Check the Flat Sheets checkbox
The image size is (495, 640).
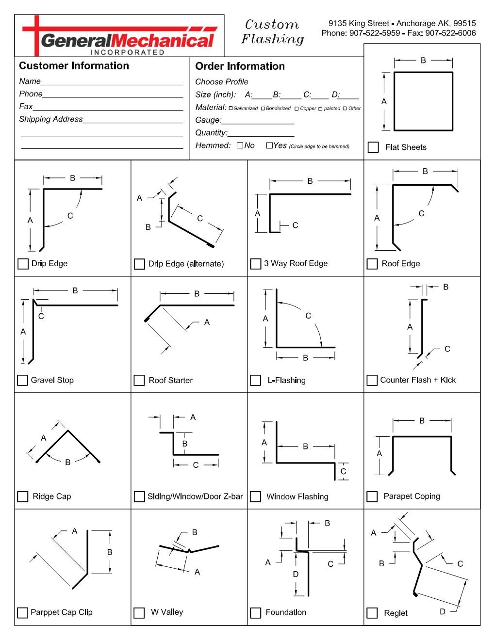tap(373, 147)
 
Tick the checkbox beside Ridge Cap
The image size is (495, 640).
tap(23, 496)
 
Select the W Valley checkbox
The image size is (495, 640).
tap(139, 613)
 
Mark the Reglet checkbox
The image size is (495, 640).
tap(372, 613)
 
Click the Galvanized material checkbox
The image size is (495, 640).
tap(231, 109)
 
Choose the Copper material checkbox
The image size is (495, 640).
tap(297, 109)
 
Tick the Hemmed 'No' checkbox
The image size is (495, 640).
tap(240, 145)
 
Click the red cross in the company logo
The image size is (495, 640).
tap(36, 34)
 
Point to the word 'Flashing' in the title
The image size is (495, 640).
tap(272, 39)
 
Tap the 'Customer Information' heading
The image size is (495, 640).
tap(74, 66)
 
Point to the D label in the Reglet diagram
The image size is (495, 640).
tap(443, 612)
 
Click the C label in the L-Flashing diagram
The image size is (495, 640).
tap(308, 316)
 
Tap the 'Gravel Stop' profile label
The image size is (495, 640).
tap(52, 380)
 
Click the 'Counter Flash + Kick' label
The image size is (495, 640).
tap(418, 380)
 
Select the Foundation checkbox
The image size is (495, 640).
tap(256, 613)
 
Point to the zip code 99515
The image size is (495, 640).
tap(464, 23)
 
